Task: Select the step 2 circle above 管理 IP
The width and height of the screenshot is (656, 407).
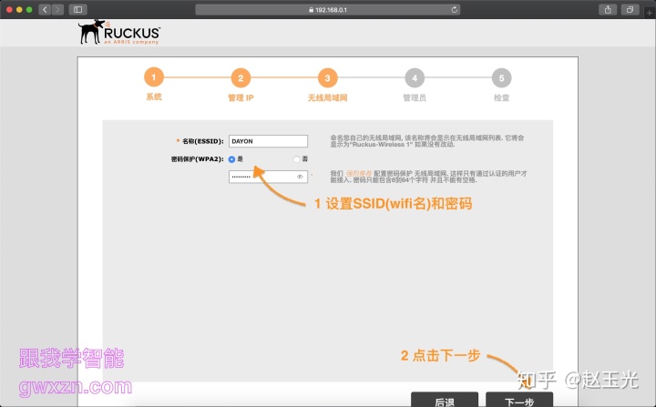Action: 240,78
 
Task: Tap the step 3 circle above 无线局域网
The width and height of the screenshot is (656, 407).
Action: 328,78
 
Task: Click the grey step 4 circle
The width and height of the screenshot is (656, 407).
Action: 415,78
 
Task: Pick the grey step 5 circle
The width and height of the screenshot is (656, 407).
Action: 501,78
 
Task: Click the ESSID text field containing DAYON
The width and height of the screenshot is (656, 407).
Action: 269,141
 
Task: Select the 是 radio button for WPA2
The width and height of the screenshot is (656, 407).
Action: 232,159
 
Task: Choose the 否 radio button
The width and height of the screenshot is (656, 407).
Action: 296,159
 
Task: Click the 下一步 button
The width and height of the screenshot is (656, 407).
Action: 518,401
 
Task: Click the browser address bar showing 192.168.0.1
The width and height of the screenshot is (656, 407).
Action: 328,9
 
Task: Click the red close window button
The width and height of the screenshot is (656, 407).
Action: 7,9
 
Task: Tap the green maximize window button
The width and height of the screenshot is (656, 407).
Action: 29,9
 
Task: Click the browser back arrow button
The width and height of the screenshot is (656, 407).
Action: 45,9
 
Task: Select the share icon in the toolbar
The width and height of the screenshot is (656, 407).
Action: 608,9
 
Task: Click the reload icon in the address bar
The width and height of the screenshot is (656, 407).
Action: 454,9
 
